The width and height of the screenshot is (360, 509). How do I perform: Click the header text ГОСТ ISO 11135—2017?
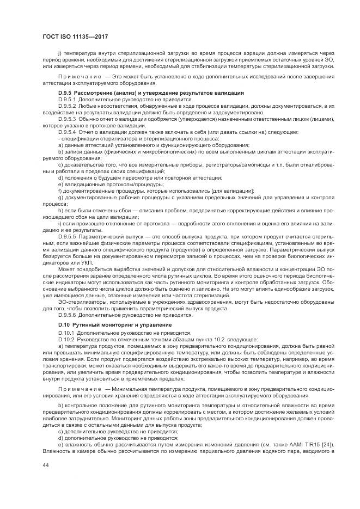click(75, 36)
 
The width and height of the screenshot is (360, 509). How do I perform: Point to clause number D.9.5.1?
click(66, 100)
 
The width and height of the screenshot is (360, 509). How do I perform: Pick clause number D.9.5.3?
click(66, 118)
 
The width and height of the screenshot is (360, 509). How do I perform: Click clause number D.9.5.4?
click(66, 132)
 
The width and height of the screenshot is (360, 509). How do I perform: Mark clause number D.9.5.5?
click(66, 237)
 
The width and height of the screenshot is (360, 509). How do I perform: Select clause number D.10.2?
click(65, 339)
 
